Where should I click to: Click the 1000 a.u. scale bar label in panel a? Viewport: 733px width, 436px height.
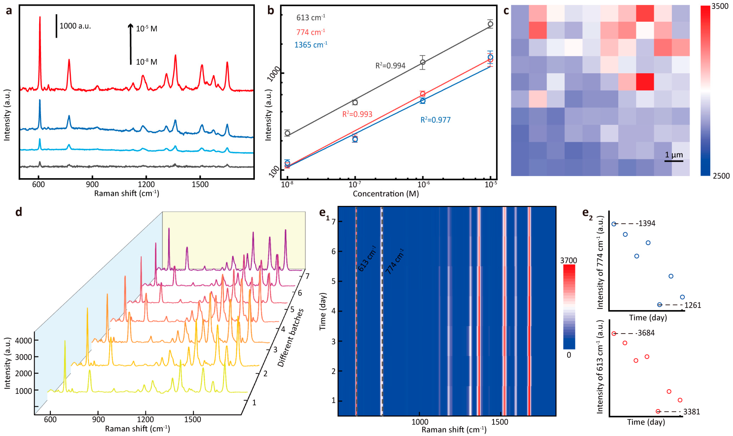pos(75,26)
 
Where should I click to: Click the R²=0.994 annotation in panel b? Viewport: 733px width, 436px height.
pos(390,66)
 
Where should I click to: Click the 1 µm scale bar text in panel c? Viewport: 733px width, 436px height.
pos(673,155)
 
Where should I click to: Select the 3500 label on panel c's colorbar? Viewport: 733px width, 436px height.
pos(720,6)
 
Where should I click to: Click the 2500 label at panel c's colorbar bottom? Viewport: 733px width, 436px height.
pos(721,176)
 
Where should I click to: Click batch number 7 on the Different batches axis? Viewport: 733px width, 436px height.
pos(307,276)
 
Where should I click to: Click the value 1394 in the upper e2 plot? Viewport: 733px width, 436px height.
pos(647,224)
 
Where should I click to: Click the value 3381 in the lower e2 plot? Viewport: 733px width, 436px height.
pos(691,412)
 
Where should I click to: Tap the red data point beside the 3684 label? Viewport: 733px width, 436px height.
pos(614,333)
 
